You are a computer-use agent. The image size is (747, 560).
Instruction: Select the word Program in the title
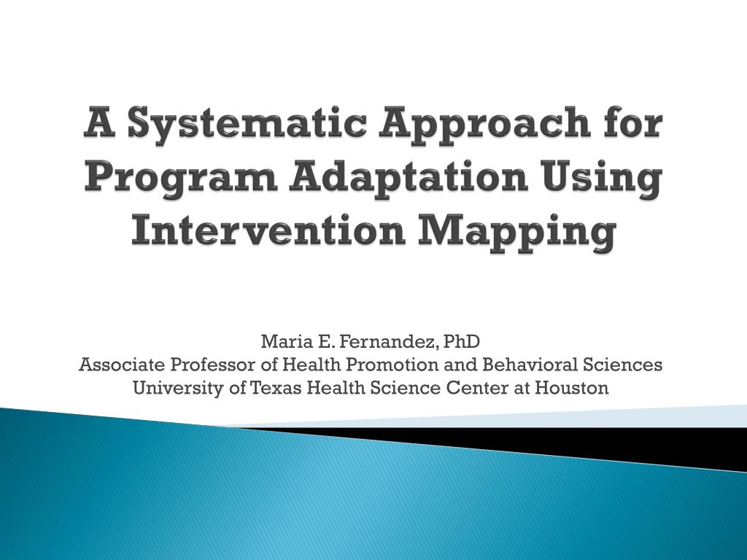click(182, 179)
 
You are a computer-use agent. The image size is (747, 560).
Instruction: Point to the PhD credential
click(461, 341)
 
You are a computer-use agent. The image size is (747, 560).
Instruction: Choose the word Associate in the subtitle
click(123, 365)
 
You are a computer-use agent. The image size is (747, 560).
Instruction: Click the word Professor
click(214, 365)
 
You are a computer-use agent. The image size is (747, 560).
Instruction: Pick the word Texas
click(276, 388)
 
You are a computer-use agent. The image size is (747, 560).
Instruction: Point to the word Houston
click(572, 388)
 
